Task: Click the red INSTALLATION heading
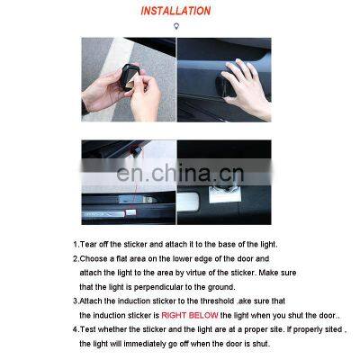click(x=175, y=12)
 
